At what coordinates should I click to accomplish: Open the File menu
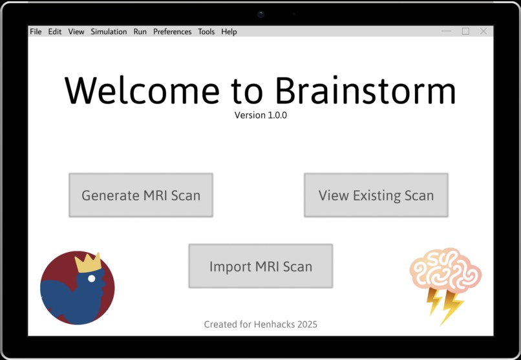point(36,32)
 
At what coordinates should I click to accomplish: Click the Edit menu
point(55,32)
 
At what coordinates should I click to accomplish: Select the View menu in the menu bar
point(76,32)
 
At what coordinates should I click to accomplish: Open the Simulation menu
point(109,32)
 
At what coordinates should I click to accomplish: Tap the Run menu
point(140,32)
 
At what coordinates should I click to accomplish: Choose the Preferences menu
point(172,32)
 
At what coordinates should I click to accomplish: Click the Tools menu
point(206,32)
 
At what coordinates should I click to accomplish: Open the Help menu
point(229,32)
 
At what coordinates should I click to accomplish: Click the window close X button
point(484,31)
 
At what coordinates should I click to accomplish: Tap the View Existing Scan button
point(376,195)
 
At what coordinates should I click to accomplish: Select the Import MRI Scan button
point(260,266)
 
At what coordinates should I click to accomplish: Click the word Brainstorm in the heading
point(367,90)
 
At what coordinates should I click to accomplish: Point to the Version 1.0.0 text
point(260,116)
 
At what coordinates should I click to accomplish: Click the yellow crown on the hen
point(89,262)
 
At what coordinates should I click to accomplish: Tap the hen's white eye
point(92,279)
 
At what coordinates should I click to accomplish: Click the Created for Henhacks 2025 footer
point(260,324)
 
